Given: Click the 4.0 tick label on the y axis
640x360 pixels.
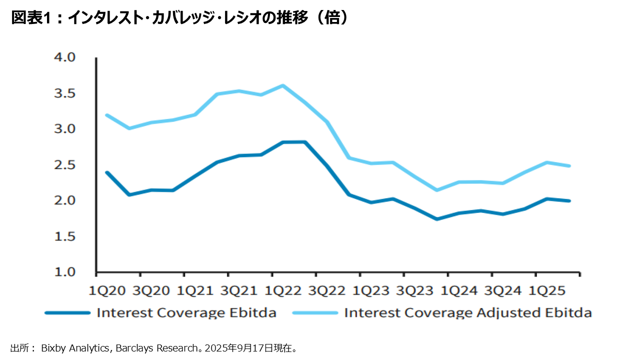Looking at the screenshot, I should pos(64,57).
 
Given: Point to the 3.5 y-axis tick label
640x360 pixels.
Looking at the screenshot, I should pos(64,93).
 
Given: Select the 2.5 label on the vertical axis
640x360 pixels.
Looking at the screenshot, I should pos(64,165).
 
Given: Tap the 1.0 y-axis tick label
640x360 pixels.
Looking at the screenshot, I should pos(64,272).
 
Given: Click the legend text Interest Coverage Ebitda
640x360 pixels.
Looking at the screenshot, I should pos(186,313).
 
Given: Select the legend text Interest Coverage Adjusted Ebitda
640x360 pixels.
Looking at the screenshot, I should pos(468,313).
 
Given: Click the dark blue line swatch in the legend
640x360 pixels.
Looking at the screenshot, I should pos(67,313).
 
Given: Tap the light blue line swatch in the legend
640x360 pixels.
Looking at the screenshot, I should pos(315,313).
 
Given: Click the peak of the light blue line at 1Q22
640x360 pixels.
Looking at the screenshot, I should pos(283,85).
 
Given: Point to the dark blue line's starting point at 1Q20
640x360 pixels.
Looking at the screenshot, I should pos(106,172).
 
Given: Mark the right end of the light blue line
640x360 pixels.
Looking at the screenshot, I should pos(570,166).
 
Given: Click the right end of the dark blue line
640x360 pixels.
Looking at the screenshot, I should pos(570,201).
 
